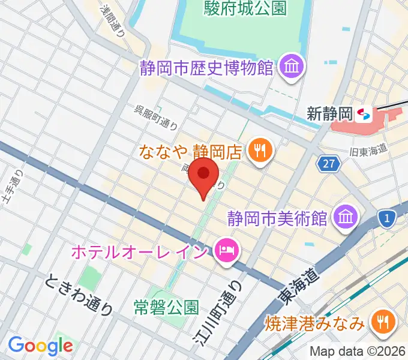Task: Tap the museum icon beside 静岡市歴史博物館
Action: point(292,67)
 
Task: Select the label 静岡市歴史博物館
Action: point(206,67)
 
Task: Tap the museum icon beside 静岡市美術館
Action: point(346,215)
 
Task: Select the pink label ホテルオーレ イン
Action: point(140,249)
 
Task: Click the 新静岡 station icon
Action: point(362,113)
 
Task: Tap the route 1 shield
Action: point(388,218)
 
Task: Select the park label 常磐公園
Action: point(166,308)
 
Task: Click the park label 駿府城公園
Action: point(238,8)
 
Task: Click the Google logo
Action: point(40,346)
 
